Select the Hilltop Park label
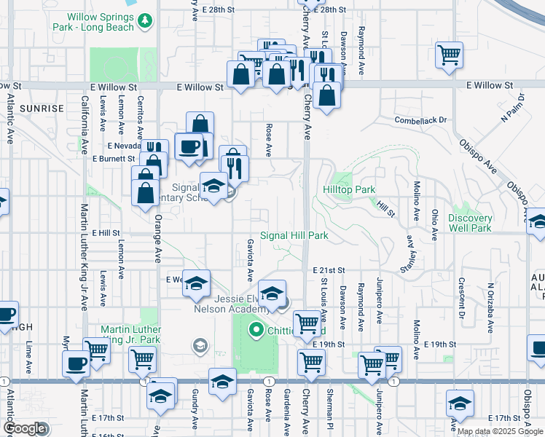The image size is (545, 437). click(349, 189)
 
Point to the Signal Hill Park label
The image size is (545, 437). click(294, 235)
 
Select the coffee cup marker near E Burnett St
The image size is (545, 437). click(189, 146)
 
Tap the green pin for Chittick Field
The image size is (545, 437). click(256, 330)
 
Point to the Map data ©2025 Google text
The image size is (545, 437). click(500, 431)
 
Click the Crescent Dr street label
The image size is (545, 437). click(461, 298)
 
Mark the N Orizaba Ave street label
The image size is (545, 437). click(490, 304)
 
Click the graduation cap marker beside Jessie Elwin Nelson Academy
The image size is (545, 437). click(271, 294)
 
